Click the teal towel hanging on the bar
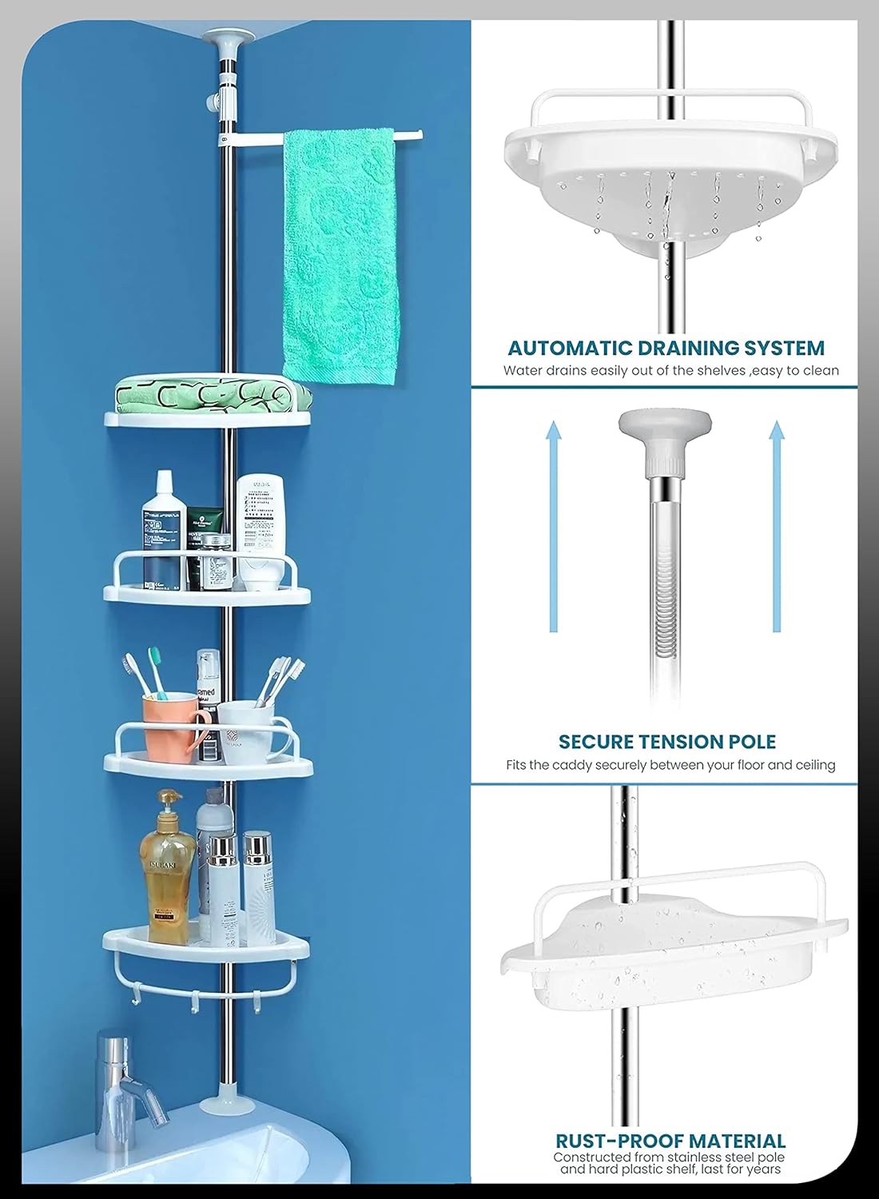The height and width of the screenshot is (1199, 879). click(x=340, y=256)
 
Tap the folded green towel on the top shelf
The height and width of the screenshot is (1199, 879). click(x=208, y=394)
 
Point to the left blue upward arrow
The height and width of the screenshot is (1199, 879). click(x=552, y=528)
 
